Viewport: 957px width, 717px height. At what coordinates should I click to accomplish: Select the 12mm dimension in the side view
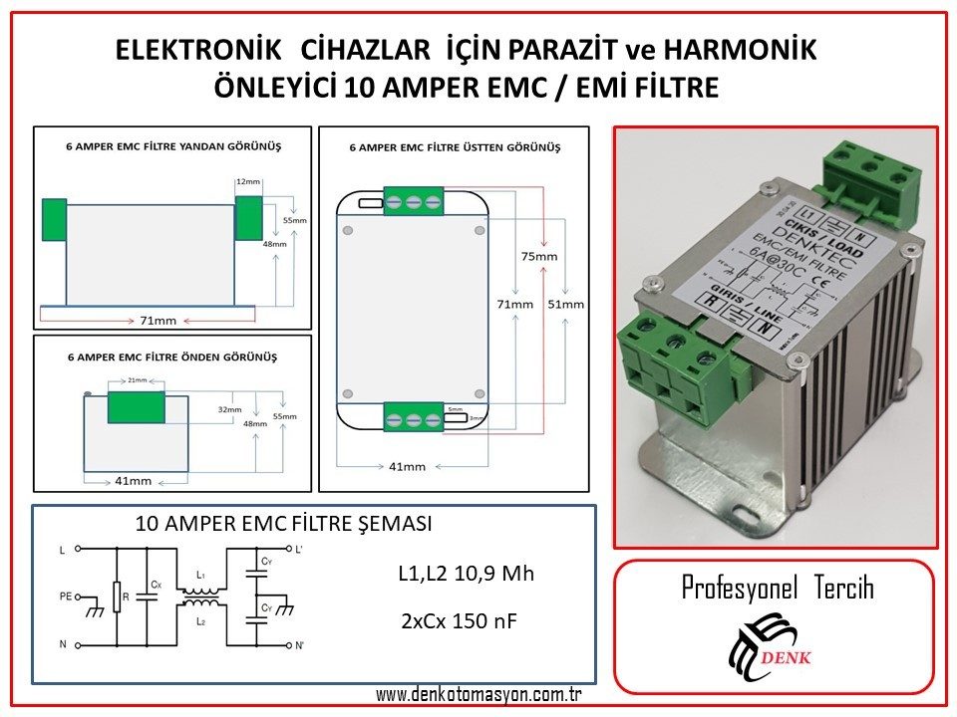point(247,182)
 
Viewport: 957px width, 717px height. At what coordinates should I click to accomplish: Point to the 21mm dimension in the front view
point(137,380)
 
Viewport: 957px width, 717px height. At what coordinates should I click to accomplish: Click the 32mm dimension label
point(229,409)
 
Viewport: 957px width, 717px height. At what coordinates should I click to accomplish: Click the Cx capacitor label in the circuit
point(156,584)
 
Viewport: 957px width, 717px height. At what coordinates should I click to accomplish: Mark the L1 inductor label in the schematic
point(201,576)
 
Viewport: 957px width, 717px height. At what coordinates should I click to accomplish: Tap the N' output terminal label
point(300,645)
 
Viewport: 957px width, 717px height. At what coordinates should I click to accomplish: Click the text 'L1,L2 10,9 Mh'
point(466,575)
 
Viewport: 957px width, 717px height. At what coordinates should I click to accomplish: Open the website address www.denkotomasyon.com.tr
point(478,694)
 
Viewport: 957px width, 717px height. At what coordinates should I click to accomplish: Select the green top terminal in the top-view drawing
point(413,201)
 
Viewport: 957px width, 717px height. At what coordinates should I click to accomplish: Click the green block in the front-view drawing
point(136,406)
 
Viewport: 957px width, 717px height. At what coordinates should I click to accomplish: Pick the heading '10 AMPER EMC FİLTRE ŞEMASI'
point(283,524)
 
